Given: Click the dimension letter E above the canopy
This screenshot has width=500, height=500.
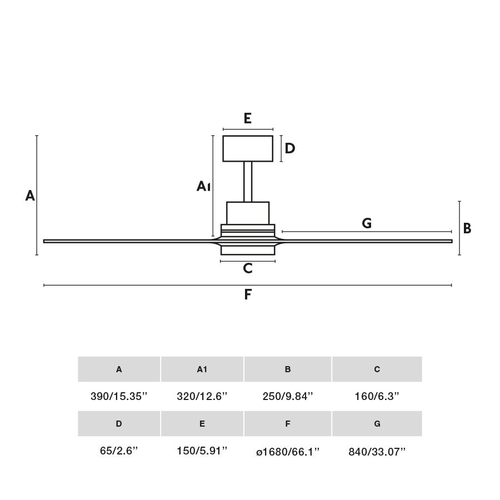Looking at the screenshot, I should (248, 118).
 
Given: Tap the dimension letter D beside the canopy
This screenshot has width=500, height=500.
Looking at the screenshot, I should (289, 148).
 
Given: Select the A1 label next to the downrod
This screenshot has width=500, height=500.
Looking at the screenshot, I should (203, 186).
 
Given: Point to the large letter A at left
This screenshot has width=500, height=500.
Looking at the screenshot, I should (30, 196).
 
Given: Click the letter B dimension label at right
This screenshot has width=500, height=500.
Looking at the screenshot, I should (467, 228).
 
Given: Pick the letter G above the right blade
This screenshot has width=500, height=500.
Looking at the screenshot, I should (367, 223).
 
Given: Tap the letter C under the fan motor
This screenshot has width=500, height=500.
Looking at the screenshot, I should (248, 269).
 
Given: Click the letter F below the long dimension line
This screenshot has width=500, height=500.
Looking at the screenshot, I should (248, 294).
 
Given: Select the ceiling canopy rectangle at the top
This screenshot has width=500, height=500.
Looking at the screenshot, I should (248, 148).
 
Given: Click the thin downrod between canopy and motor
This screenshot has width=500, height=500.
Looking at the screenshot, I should (248, 182).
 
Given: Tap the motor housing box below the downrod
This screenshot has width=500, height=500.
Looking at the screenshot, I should (248, 213).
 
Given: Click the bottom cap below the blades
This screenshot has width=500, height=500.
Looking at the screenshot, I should (248, 250).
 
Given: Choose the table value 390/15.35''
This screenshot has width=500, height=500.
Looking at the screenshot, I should (119, 396).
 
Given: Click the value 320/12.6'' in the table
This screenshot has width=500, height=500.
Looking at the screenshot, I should (202, 396).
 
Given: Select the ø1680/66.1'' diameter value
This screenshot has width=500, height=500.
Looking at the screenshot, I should (288, 452).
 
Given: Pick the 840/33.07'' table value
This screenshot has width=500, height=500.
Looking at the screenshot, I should (377, 452).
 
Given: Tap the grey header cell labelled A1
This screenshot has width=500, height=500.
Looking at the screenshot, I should (202, 369).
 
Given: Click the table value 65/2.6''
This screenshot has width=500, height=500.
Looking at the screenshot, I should (119, 451).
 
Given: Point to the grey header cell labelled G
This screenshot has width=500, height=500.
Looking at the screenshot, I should (377, 424).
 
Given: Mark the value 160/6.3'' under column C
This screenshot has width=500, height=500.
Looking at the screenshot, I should (377, 396).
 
